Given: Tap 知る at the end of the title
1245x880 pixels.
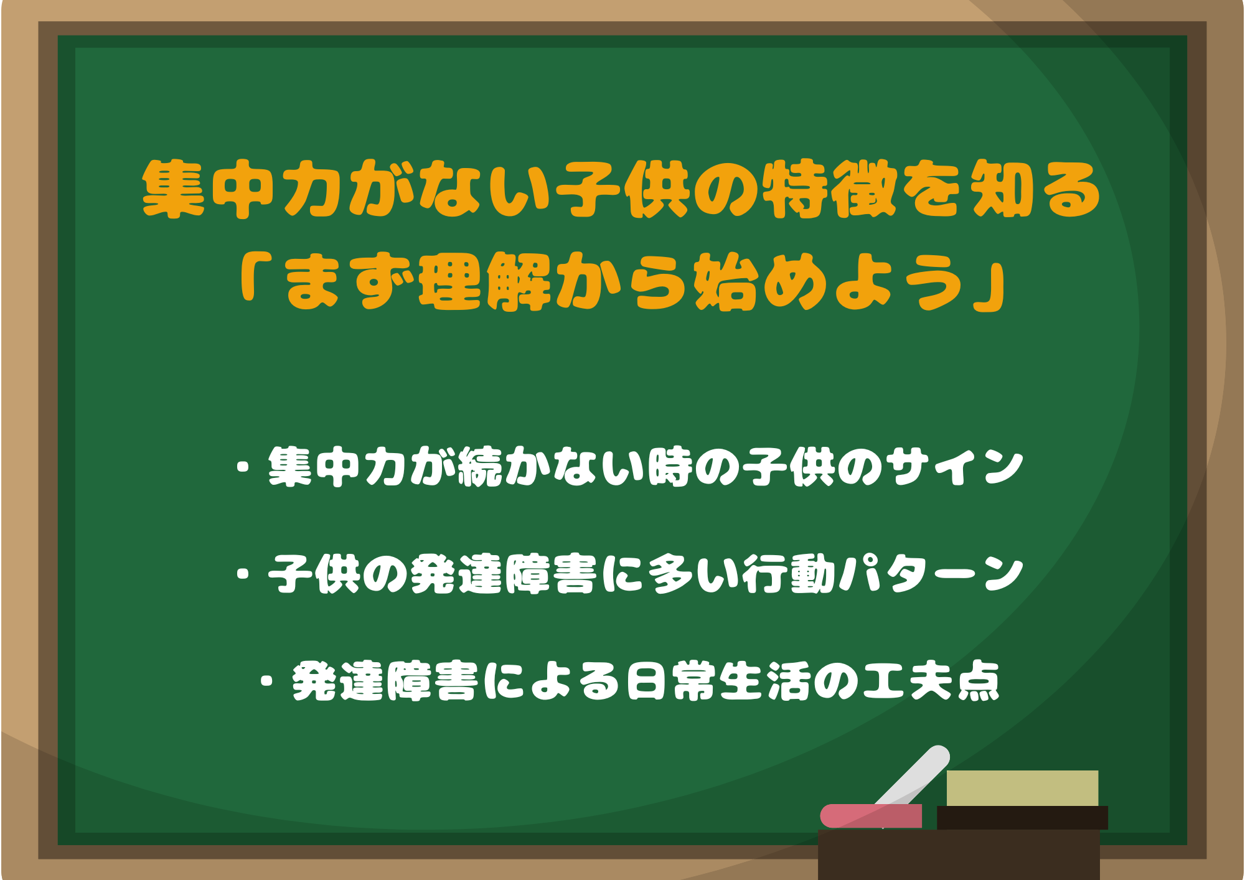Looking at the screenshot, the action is (1036, 189).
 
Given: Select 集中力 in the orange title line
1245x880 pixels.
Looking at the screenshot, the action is (240, 189).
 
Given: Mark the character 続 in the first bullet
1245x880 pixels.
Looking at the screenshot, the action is (479, 467).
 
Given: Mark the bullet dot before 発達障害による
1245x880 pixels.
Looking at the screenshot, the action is (268, 681).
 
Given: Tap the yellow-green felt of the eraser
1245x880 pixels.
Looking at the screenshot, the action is (1022, 789).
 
